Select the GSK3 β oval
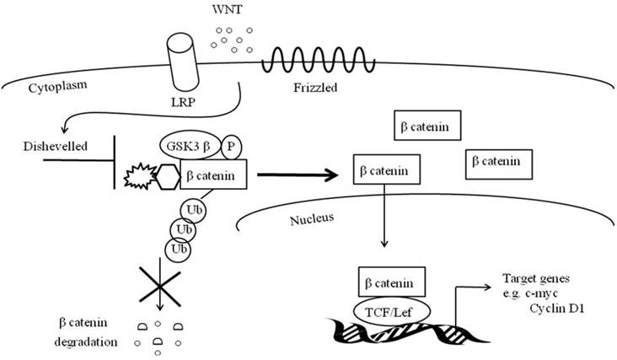(x=187, y=143)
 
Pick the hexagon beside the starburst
(x=168, y=176)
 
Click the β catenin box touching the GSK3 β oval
(x=215, y=175)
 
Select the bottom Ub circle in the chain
(x=179, y=250)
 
